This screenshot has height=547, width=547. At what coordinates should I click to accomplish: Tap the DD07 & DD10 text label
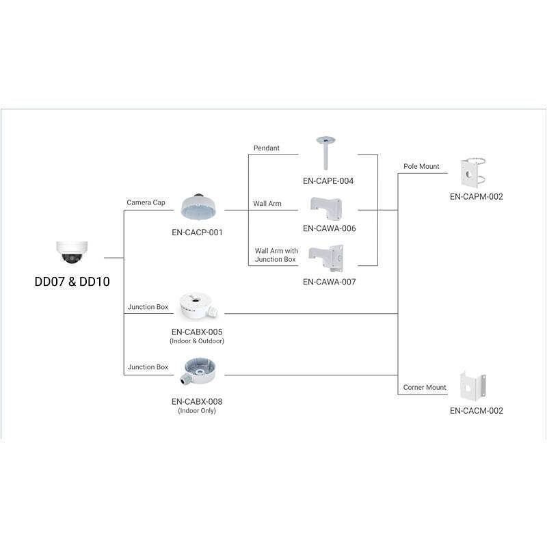click(x=72, y=281)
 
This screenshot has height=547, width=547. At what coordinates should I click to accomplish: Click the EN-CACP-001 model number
click(x=197, y=232)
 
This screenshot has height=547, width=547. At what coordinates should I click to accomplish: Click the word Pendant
click(x=267, y=148)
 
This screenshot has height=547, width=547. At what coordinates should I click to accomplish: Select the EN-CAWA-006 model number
click(x=330, y=228)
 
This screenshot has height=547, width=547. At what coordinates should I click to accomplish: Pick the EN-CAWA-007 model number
click(x=330, y=281)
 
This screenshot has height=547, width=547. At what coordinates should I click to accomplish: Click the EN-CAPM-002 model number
click(x=477, y=197)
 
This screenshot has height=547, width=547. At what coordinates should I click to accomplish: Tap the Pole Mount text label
click(x=421, y=167)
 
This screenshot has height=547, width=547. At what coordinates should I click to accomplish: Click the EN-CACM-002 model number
click(x=477, y=411)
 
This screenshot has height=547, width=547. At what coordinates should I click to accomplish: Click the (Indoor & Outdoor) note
click(x=197, y=341)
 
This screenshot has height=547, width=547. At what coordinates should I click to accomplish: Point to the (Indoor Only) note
click(x=197, y=411)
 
